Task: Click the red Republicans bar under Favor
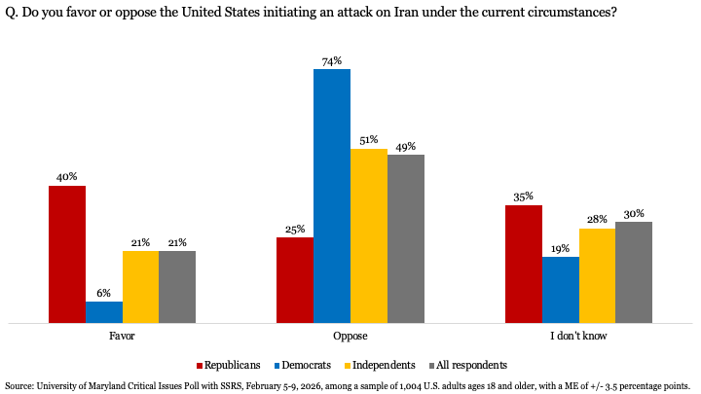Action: pos(67,254)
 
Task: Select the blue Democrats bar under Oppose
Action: pos(331,196)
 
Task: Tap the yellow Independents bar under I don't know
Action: pos(596,275)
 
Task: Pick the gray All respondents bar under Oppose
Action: pos(405,238)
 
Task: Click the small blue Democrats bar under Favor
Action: pos(104,311)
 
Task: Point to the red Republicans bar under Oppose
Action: pos(295,279)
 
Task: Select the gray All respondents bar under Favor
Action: pos(177,286)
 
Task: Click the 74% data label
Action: pos(332,61)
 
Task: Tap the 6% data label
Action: pos(104,293)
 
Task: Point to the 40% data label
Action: pos(67,177)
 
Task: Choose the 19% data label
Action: pos(560,248)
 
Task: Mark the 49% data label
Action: pos(405,146)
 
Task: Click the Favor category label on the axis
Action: pos(122,336)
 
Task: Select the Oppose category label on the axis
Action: pos(350,336)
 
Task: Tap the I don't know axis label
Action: pos(578,336)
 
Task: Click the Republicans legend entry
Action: pos(232,365)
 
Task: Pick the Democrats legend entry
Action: pos(307,365)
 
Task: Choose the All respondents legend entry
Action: pos(471,365)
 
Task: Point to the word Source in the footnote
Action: pos(20,385)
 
